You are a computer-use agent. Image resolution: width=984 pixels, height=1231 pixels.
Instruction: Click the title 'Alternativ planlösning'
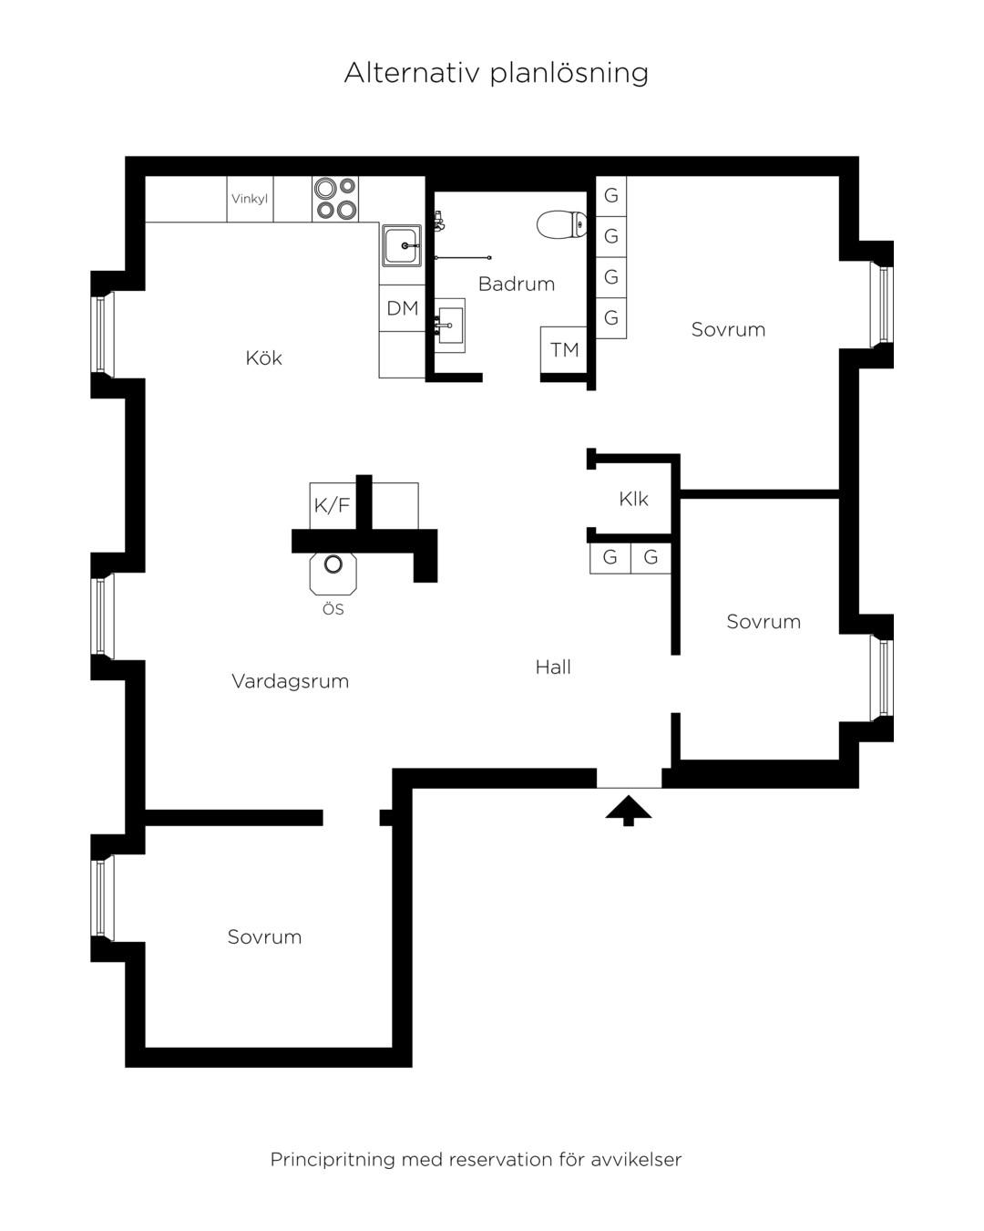point(496,73)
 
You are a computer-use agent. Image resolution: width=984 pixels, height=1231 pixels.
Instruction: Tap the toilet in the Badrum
point(561,224)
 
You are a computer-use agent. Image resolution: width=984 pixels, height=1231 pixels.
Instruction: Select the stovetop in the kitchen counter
point(335,199)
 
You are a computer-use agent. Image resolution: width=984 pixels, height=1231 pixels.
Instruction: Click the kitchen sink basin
point(402,246)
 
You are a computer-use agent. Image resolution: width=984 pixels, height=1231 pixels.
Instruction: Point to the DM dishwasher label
point(402,308)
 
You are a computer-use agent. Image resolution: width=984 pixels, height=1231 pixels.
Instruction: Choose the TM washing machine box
point(563,349)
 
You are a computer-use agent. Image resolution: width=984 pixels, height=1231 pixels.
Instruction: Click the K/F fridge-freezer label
point(332,505)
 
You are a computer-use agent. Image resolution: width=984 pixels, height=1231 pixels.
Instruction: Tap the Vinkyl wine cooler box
point(250,199)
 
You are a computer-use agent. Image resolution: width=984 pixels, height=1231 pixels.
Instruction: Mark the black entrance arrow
point(628,811)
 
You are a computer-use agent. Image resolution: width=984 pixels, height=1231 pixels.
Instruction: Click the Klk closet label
point(633,499)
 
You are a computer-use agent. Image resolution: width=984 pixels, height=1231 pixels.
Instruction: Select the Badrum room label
point(517,284)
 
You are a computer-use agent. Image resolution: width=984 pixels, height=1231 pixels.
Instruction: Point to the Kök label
point(263,358)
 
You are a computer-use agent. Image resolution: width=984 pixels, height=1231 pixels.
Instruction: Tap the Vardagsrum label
point(290,681)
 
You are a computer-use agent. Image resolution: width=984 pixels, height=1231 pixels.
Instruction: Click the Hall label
point(553,667)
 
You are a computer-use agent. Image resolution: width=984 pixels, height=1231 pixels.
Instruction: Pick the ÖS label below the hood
point(333,609)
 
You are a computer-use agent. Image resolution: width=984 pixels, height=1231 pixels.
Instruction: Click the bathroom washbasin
point(449,325)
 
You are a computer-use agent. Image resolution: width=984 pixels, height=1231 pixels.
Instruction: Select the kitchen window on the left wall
point(102,335)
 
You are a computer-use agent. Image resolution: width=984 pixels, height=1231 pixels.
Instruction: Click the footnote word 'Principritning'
point(333,1144)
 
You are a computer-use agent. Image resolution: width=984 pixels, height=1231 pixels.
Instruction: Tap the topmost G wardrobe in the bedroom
point(610,196)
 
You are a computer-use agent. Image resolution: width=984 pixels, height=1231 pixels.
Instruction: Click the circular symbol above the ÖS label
point(333,564)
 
